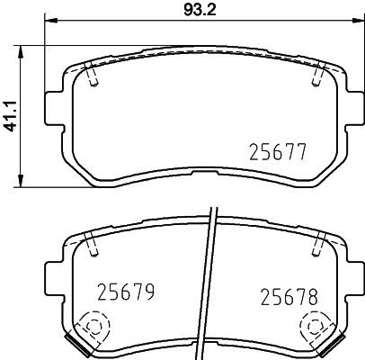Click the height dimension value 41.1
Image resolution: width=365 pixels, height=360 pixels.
pos(12,115)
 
